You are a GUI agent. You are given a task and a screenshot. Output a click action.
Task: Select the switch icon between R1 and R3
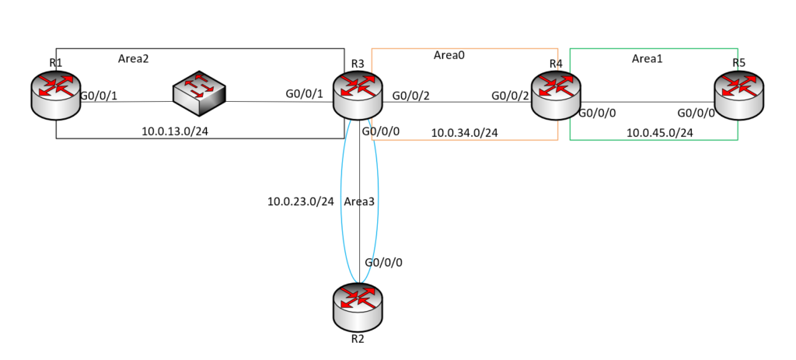(x=200, y=92)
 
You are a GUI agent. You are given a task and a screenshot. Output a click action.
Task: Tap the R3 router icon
(x=358, y=94)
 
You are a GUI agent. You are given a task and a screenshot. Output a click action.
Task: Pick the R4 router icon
(x=555, y=94)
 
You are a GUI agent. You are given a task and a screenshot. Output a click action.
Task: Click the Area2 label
(x=134, y=58)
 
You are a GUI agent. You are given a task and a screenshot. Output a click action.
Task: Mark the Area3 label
(x=359, y=202)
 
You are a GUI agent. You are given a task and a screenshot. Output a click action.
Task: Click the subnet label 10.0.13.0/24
(x=175, y=131)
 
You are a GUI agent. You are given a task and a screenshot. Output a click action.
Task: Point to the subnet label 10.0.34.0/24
(x=465, y=133)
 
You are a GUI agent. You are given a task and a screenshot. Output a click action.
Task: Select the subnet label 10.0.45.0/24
(x=660, y=133)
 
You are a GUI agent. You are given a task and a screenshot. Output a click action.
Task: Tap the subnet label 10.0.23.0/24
(x=300, y=202)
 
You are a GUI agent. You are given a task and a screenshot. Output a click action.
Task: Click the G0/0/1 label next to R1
(x=99, y=96)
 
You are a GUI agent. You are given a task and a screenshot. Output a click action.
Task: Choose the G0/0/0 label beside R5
(x=696, y=113)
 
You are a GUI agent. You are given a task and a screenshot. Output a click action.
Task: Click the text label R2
(x=358, y=340)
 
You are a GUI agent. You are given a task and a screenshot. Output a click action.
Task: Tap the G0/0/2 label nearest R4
(x=511, y=96)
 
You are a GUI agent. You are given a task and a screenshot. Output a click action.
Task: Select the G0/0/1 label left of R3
(x=304, y=95)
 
